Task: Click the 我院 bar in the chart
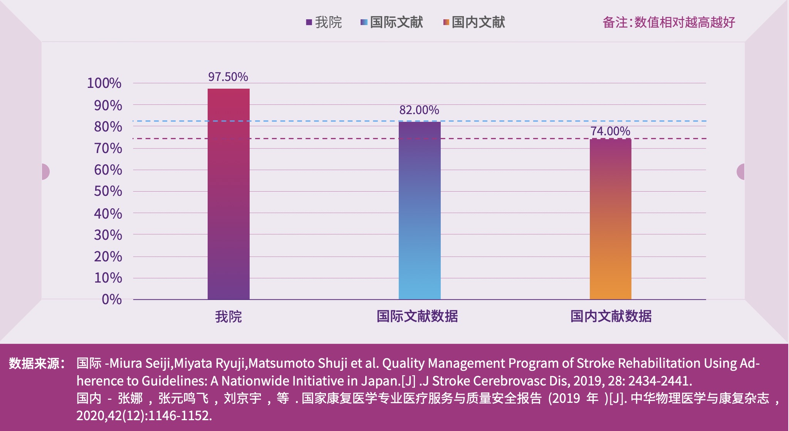tap(228, 194)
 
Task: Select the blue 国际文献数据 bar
tap(420, 210)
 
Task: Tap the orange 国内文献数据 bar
tap(610, 219)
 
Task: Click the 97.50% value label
tap(228, 77)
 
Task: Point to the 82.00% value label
tap(419, 110)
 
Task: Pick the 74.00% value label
tap(610, 131)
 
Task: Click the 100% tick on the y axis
tap(104, 83)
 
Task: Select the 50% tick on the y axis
tap(108, 191)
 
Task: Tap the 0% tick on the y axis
tap(112, 300)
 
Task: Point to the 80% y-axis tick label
tap(108, 127)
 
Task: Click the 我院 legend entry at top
tap(324, 22)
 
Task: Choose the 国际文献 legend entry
tap(392, 22)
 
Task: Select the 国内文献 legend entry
tap(474, 22)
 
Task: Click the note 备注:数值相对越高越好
tap(669, 22)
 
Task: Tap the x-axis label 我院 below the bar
tap(228, 317)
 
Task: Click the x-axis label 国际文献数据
tap(417, 317)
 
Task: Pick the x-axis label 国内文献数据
tap(611, 317)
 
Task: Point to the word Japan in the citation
tap(379, 381)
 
